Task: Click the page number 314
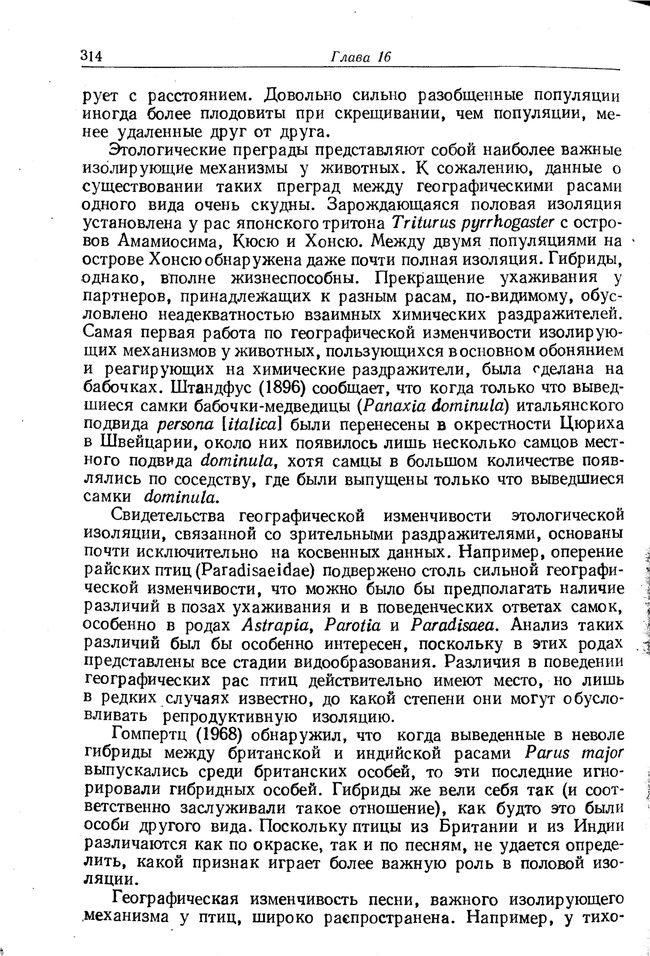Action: [92, 56]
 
